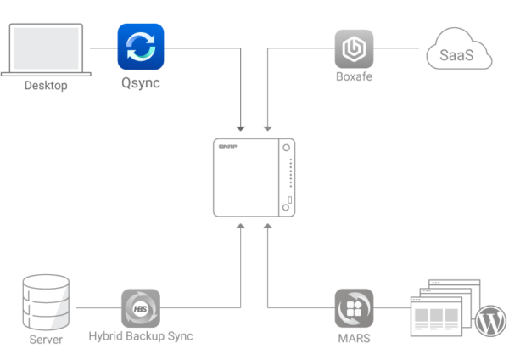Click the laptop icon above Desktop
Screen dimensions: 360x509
(x=46, y=49)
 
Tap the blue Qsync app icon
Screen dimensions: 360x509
(x=141, y=47)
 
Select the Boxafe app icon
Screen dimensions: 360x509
(x=354, y=48)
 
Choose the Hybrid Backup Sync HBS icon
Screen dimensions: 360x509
(x=141, y=307)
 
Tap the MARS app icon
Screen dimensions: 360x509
(x=354, y=307)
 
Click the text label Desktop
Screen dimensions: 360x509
(x=46, y=86)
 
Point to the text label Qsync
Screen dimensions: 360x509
(x=141, y=84)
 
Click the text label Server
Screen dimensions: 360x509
(x=46, y=340)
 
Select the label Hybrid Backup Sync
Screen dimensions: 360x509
(x=141, y=337)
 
